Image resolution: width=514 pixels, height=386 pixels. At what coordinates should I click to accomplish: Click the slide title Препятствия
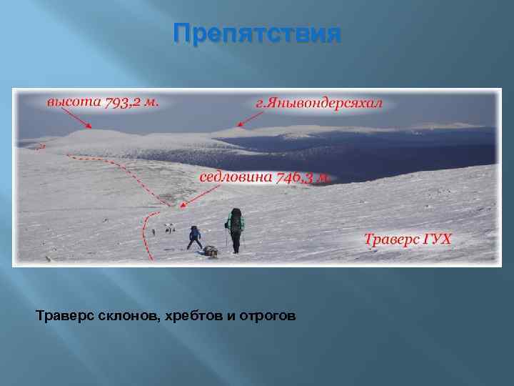click(257, 34)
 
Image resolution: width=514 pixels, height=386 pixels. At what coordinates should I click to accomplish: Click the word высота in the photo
click(74, 102)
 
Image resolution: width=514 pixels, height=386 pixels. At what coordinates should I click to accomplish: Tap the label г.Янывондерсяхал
click(318, 103)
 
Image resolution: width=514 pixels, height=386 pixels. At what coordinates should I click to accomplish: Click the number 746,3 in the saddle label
click(299, 177)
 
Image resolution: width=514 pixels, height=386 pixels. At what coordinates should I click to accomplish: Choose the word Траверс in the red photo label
click(392, 238)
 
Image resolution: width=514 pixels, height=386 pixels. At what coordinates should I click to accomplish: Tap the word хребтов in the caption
click(184, 315)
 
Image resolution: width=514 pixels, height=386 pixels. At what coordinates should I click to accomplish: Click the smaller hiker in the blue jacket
click(194, 237)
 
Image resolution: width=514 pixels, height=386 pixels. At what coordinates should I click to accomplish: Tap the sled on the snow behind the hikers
click(210, 250)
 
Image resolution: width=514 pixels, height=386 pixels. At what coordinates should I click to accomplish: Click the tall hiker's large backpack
click(236, 220)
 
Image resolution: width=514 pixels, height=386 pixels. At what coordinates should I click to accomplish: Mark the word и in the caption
click(229, 315)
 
